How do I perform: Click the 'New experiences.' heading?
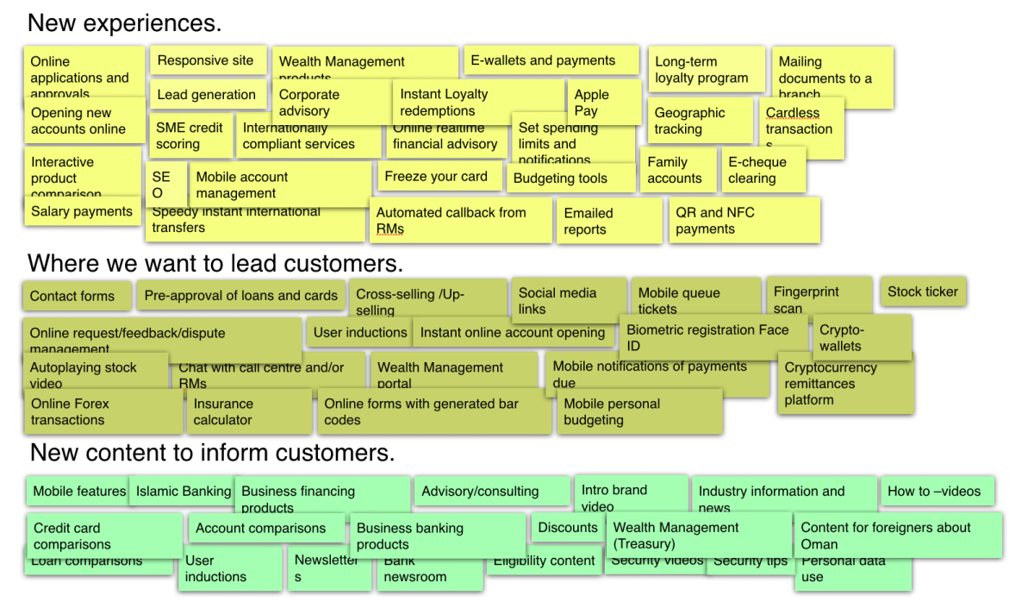125,23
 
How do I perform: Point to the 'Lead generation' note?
207,95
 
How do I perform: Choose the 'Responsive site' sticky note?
206,60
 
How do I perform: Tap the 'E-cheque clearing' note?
763,170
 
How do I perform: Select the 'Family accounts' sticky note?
677,170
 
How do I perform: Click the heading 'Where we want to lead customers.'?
215,262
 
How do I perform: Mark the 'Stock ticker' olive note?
923,292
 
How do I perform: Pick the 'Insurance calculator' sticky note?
246,411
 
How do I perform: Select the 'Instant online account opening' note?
514,332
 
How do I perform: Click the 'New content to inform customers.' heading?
212,452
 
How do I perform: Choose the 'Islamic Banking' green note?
182,491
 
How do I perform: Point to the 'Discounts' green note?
567,527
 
